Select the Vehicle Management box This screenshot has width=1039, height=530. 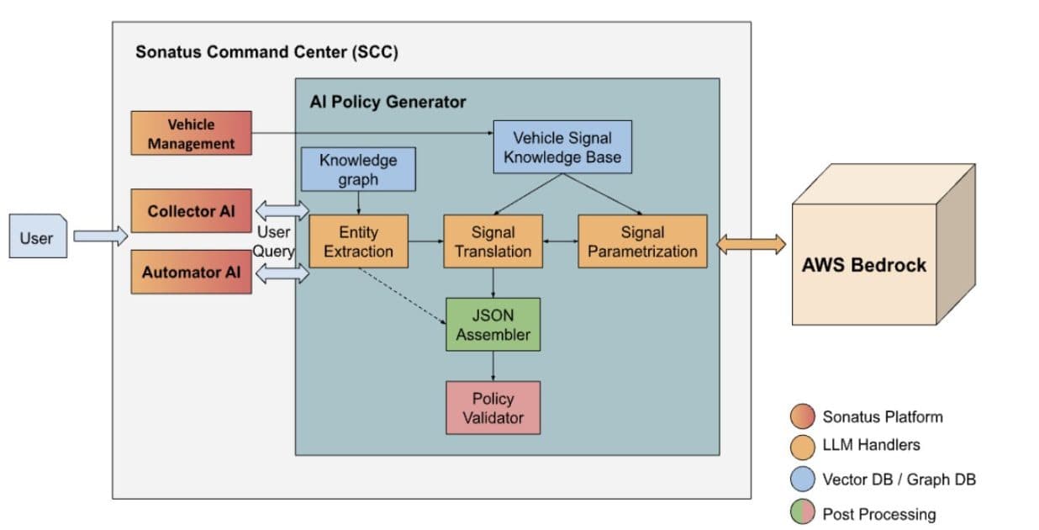192,134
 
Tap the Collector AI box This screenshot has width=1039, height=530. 192,211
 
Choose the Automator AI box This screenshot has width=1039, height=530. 192,272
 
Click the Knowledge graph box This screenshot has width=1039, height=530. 358,168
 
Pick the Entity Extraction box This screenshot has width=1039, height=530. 358,241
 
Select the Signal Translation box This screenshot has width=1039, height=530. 493,241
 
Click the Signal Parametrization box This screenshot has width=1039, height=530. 642,241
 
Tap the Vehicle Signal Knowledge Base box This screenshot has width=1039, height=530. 562,147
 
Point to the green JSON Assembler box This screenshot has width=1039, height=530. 493,324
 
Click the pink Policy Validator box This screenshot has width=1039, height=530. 493,408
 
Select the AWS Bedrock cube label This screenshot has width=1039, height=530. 863,264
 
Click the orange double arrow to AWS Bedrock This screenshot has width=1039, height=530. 750,244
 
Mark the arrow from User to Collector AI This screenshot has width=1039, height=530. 100,237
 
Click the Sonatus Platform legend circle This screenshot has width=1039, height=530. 803,416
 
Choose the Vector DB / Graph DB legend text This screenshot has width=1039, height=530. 899,480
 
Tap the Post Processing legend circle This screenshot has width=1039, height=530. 803,513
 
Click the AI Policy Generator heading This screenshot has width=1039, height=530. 388,102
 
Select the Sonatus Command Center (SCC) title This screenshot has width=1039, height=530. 266,52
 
